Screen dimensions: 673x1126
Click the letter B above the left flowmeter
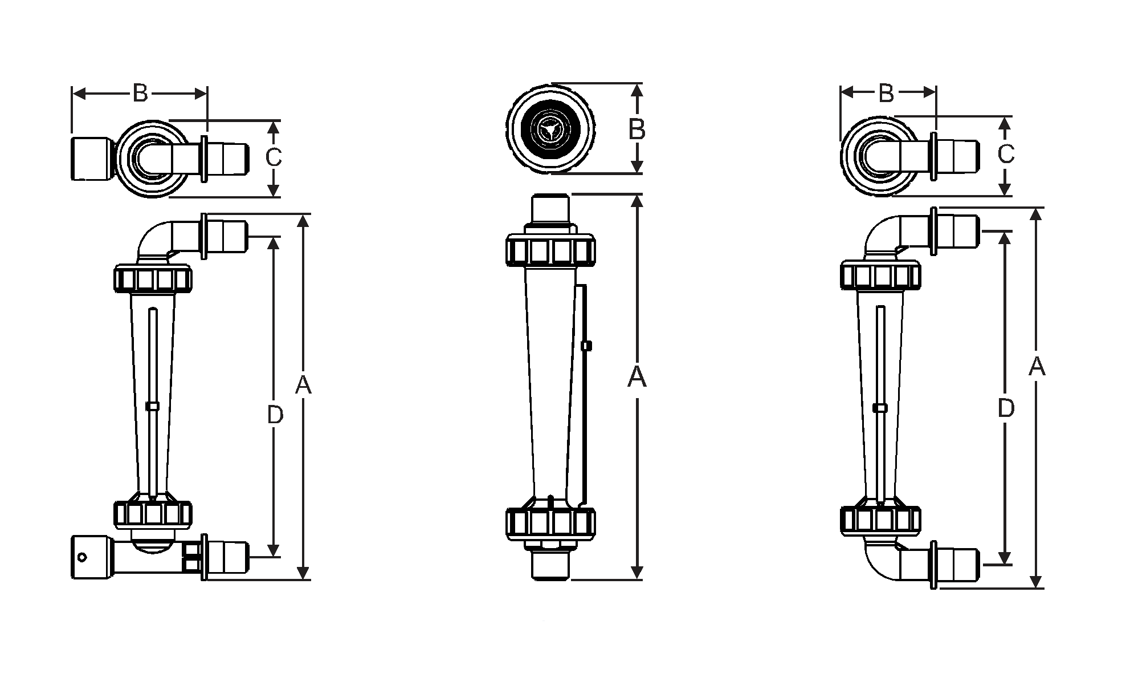pos(140,93)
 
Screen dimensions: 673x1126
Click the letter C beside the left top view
pos(274,157)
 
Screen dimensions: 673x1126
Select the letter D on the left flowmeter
pos(275,416)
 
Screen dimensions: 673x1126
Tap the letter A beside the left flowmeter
pos(303,386)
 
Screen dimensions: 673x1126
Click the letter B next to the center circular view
pos(637,130)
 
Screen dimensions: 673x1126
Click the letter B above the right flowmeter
pos(886,94)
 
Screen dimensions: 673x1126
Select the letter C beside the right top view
pos(1006,155)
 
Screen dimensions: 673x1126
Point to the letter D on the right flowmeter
pos(1006,408)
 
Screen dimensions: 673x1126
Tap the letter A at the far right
pos(1037,367)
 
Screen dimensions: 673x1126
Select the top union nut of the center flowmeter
pos(550,251)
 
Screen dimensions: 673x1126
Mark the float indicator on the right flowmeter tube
pos(880,407)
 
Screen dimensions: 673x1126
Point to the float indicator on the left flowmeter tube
pos(152,406)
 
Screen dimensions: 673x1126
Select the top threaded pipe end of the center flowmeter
pos(550,208)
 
